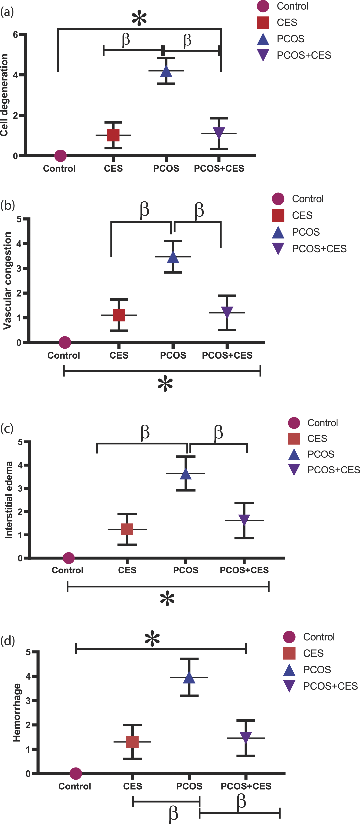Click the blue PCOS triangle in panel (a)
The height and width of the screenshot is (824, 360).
166,71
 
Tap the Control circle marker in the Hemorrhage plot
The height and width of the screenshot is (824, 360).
75,773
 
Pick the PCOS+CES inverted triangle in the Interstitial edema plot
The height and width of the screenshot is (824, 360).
244,520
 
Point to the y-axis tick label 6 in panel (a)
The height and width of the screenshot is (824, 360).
15,34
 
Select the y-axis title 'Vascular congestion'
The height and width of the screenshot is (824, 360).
7,281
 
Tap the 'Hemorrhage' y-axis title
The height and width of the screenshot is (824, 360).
17,712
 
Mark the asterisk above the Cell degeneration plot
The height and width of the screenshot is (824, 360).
139,19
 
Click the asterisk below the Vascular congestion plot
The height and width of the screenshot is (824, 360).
165,384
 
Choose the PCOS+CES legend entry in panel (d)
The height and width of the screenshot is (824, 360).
320,686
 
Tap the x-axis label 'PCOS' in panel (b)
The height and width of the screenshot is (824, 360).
173,355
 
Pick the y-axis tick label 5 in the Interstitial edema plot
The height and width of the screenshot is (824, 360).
20,442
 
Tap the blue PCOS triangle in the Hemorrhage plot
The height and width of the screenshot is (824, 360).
189,677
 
